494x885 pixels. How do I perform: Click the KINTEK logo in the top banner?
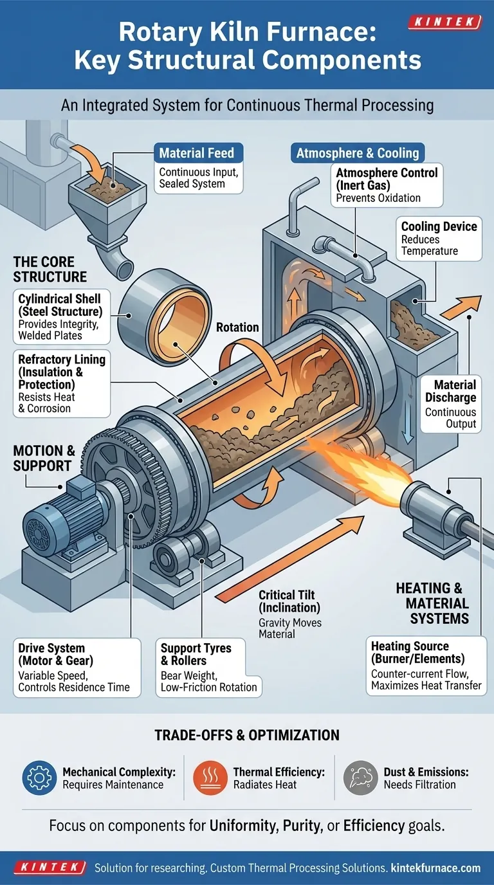click(x=444, y=23)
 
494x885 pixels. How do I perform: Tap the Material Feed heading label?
click(x=196, y=154)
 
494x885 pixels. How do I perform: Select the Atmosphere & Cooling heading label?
click(x=358, y=153)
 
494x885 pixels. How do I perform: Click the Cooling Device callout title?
click(x=439, y=226)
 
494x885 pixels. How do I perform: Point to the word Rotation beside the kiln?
click(x=237, y=327)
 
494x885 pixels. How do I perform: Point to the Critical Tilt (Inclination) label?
click(x=289, y=601)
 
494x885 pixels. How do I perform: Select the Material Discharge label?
click(x=450, y=391)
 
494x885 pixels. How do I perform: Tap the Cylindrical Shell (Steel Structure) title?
click(x=60, y=305)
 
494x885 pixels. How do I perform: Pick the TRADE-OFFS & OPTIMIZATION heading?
click(x=246, y=734)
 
